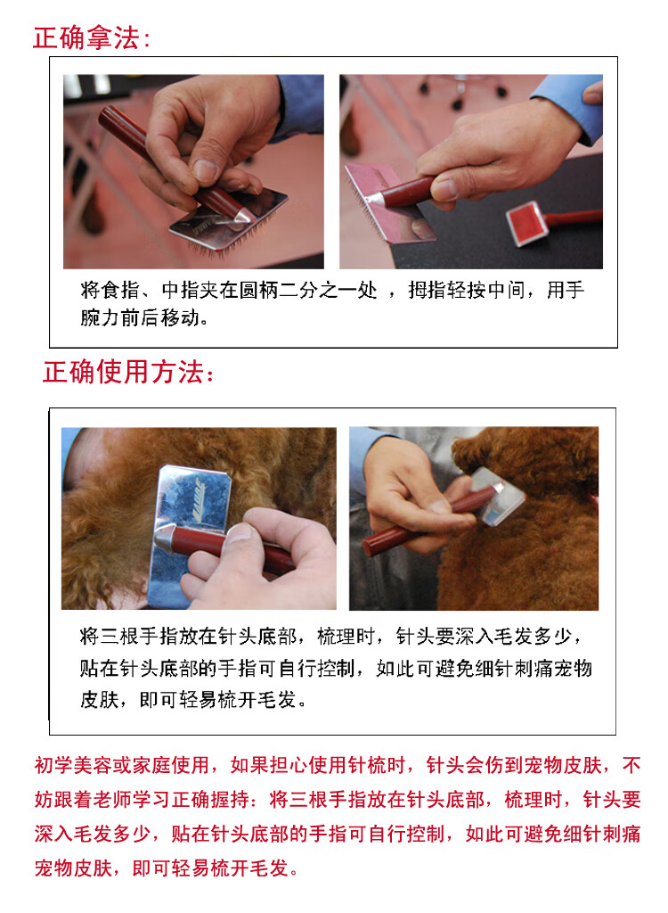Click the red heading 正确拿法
[x=92, y=38]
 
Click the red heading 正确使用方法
[x=128, y=372]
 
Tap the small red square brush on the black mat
[x=528, y=223]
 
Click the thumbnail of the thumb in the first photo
[x=205, y=170]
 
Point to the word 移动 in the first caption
[x=181, y=317]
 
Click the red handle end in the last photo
[x=371, y=547]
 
